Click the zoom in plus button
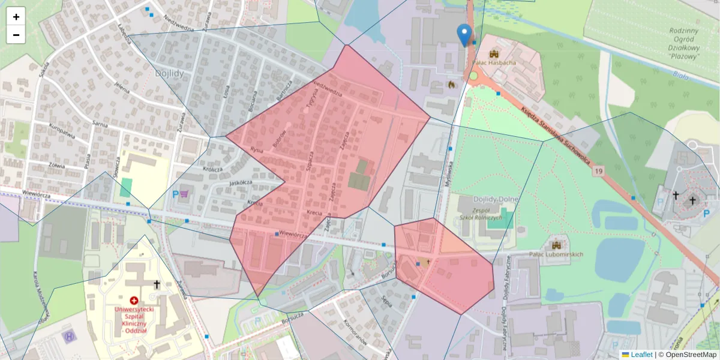click(x=16, y=17)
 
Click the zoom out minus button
click(x=16, y=35)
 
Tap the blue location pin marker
click(x=464, y=35)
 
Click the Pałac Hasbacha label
click(x=495, y=62)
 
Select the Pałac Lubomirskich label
click(x=556, y=254)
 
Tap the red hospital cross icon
click(x=133, y=299)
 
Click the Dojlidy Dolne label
click(x=479, y=203)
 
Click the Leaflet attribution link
click(x=641, y=355)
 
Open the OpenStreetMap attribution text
click(x=691, y=355)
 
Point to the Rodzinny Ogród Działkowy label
click(x=684, y=44)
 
